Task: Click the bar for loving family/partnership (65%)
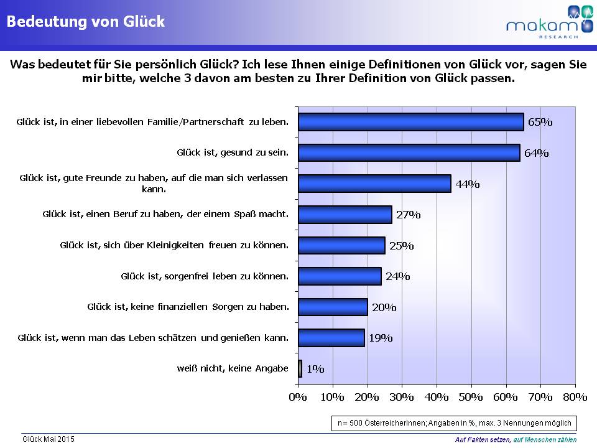click(410, 122)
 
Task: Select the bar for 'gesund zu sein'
click(409, 152)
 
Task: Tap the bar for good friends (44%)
click(374, 184)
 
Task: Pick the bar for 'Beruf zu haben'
click(345, 215)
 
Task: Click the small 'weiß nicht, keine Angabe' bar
click(300, 368)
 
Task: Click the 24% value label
click(397, 276)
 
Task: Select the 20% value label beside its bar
click(383, 307)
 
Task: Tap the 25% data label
click(400, 246)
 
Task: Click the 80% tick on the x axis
click(575, 397)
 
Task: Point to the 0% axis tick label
click(298, 397)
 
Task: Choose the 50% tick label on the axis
click(471, 397)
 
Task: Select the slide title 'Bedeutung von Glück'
click(86, 22)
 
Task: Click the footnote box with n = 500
click(454, 422)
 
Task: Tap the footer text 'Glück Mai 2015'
click(49, 439)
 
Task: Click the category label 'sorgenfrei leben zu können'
click(205, 276)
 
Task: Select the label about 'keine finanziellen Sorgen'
click(188, 307)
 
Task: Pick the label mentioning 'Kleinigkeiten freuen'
click(175, 245)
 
